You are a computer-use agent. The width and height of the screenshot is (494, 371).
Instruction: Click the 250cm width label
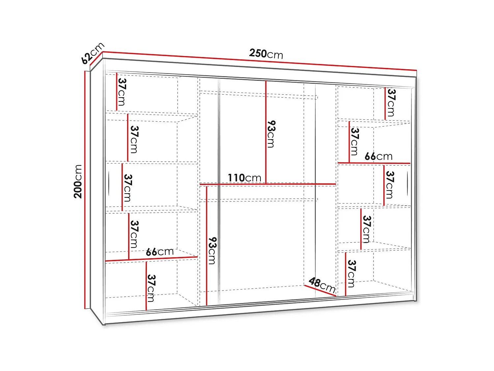[266, 53]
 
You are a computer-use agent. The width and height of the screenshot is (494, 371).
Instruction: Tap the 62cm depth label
[93, 53]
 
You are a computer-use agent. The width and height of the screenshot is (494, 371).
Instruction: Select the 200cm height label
[78, 181]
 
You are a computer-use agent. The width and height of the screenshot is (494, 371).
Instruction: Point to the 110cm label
[244, 178]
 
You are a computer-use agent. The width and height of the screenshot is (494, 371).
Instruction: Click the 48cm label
[322, 285]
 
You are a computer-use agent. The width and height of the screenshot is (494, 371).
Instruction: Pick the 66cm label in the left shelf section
[160, 252]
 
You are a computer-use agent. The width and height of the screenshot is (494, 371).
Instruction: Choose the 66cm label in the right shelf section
[378, 156]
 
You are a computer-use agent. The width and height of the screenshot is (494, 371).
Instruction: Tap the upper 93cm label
[271, 134]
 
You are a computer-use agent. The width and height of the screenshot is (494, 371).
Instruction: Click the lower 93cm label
[212, 251]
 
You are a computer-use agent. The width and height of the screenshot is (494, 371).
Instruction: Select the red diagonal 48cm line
[320, 291]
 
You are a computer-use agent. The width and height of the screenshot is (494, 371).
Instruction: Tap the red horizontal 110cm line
[267, 184]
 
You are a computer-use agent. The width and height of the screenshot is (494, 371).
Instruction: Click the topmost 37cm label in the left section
[122, 92]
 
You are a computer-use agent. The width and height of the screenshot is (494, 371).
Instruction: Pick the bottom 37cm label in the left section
[151, 288]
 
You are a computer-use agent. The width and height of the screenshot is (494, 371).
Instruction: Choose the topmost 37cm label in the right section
[391, 103]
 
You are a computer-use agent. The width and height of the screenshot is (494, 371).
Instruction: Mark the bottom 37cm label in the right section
[351, 273]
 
